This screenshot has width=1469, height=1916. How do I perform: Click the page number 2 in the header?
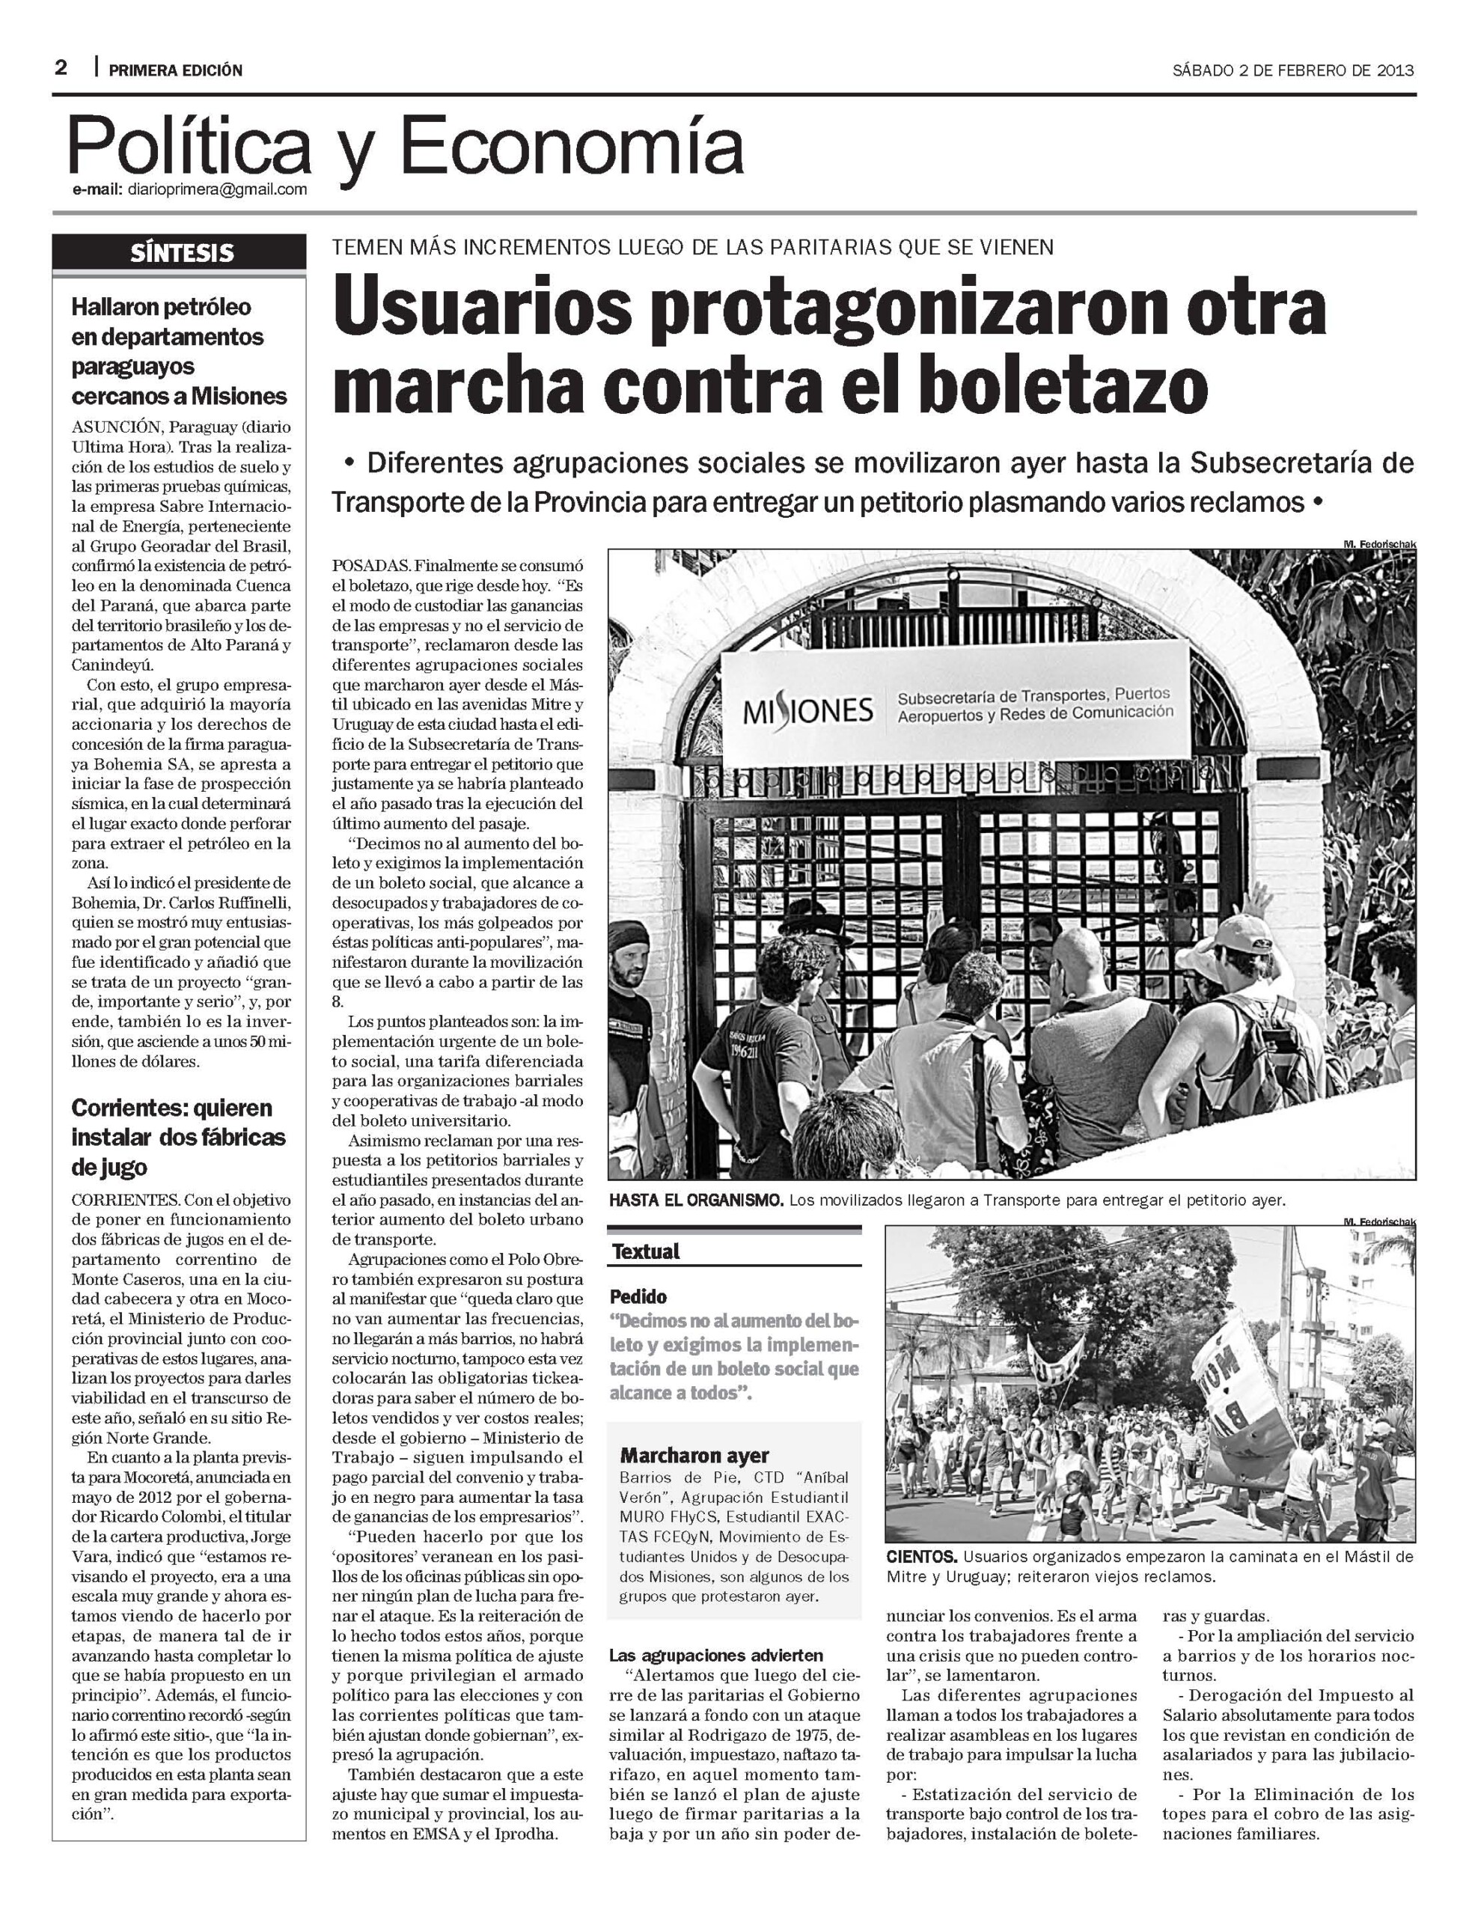[61, 68]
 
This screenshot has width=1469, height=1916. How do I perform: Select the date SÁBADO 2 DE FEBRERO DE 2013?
[1293, 71]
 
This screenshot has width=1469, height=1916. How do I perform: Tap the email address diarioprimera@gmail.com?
[217, 190]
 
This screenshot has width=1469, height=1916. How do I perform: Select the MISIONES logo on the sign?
[807, 710]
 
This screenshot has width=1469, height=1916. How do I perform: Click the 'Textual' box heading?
[645, 1251]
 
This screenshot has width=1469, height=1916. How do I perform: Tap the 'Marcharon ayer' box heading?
[694, 1456]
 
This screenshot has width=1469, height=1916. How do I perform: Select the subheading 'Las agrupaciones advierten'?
[716, 1656]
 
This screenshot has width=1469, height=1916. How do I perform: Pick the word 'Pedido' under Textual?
[638, 1296]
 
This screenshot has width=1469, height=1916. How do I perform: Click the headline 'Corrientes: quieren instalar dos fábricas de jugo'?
[172, 1137]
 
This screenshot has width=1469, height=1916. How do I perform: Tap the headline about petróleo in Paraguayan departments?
[180, 352]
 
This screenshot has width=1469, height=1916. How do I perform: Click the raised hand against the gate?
[1257, 903]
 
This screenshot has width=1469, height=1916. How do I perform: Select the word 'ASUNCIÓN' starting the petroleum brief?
[116, 427]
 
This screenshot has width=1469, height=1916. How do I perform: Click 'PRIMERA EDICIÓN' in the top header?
[176, 70]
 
